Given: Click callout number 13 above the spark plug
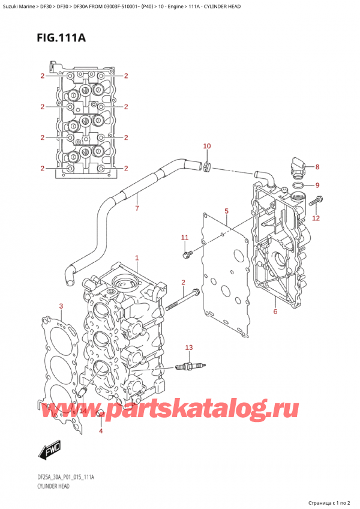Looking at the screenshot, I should click(189, 348).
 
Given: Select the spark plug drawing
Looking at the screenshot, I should click(191, 366).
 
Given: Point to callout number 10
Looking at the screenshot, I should click(207, 146).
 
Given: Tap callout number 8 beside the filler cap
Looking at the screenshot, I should click(317, 167).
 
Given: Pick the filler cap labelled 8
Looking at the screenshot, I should click(298, 165).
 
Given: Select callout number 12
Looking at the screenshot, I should click(316, 218).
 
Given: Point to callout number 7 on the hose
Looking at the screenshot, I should click(137, 209).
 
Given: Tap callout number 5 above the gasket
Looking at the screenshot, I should click(226, 211).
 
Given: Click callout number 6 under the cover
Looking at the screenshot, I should click(275, 311).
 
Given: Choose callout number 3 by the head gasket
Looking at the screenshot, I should click(61, 307).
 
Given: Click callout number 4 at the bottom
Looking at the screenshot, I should click(100, 431).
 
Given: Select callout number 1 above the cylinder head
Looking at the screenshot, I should click(137, 258).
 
